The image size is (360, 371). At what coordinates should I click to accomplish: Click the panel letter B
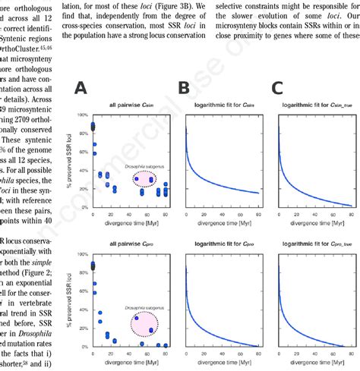(184, 87)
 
